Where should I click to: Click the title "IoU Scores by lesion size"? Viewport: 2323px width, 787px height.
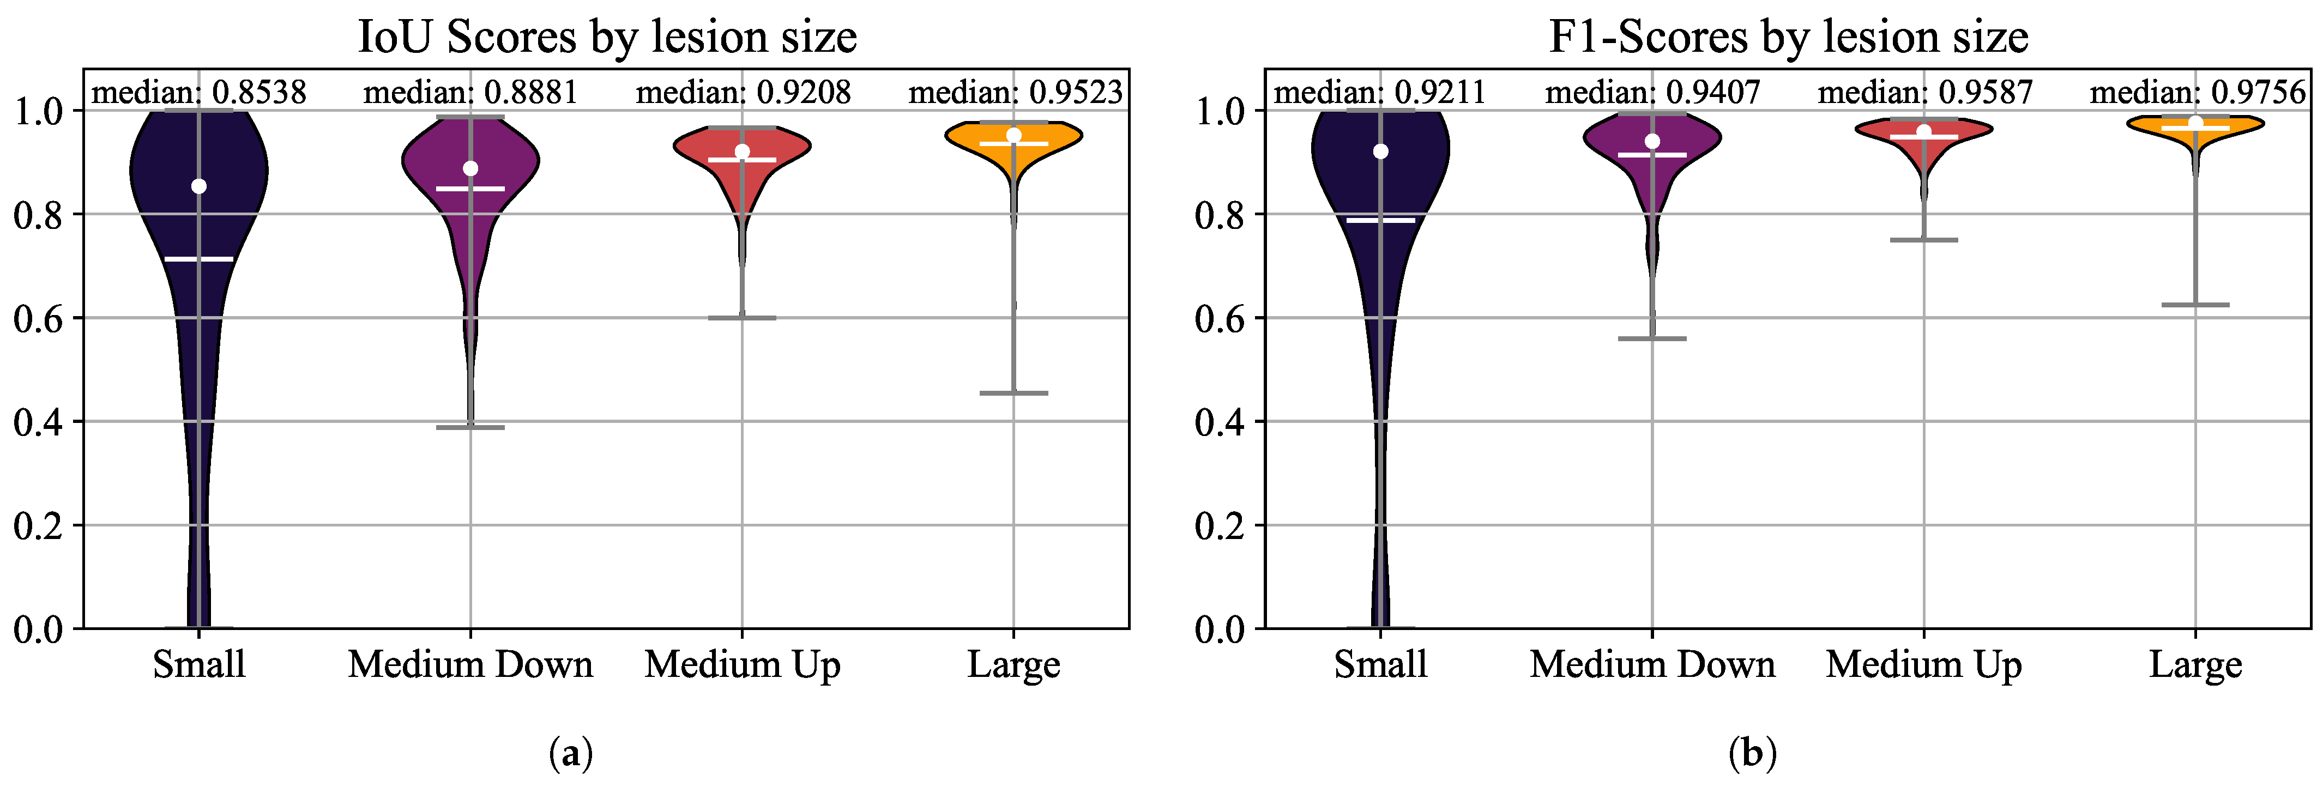pyautogui.click(x=607, y=38)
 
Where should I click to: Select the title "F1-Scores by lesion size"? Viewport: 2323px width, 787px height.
pyautogui.click(x=1788, y=38)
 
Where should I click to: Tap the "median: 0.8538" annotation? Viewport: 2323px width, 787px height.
pyautogui.click(x=200, y=92)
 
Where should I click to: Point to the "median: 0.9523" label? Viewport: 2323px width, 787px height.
pyautogui.click(x=1016, y=92)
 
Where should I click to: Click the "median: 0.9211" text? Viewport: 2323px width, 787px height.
pyautogui.click(x=1380, y=92)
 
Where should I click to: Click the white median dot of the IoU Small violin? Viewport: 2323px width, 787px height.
pyautogui.click(x=200, y=186)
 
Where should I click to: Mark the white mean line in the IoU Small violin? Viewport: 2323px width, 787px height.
pyautogui.click(x=200, y=259)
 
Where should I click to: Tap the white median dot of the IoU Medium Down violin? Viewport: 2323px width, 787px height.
pyautogui.click(x=470, y=168)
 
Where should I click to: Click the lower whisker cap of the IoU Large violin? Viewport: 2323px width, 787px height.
pyautogui.click(x=1013, y=393)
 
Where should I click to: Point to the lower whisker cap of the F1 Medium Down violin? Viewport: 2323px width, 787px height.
pyautogui.click(x=1652, y=339)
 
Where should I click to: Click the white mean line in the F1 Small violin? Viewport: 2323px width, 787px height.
pyautogui.click(x=1380, y=220)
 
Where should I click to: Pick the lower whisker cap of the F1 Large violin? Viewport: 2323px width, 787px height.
pyautogui.click(x=2196, y=305)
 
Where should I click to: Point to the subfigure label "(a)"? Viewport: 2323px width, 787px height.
pyautogui.click(x=571, y=753)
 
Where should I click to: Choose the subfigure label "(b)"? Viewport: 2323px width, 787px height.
pyautogui.click(x=1752, y=753)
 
